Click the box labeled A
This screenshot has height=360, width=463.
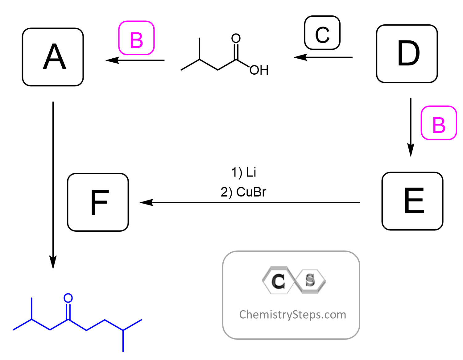53,57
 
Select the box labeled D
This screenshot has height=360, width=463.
407,54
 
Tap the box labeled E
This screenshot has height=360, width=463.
412,201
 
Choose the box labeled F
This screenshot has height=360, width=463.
98,202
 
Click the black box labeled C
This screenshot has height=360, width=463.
322,33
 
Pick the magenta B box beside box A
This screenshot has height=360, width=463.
136,38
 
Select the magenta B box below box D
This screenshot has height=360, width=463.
439,123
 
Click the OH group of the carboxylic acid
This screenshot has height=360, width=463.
259,70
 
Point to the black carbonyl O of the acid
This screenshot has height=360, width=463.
236,39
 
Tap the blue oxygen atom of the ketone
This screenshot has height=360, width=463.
68,298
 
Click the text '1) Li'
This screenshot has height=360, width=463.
244,172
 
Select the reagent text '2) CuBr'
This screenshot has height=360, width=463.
243,192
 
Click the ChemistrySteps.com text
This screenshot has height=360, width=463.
292,315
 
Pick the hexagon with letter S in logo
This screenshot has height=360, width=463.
310,280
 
